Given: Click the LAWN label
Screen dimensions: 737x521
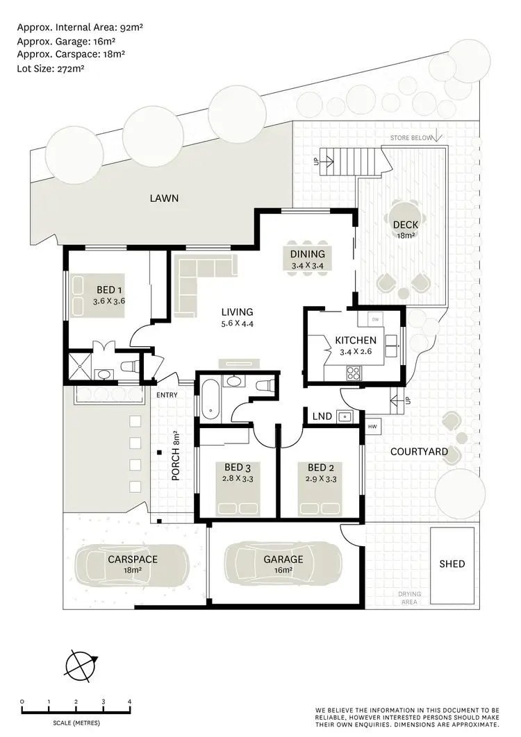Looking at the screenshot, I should [x=164, y=198].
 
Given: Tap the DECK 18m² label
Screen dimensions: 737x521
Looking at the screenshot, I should [x=404, y=230].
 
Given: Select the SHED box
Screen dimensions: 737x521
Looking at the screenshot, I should [x=452, y=564].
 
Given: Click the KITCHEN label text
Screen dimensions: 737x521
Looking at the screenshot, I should [x=356, y=340].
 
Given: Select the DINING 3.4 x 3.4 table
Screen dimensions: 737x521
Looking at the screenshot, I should [x=308, y=259].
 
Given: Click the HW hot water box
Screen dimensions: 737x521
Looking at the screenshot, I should [x=372, y=426].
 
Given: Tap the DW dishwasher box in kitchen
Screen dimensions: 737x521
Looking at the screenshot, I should [x=375, y=319].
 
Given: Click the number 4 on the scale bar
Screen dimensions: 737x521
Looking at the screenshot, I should [x=130, y=702].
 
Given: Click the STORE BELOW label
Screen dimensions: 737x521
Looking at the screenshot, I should [x=409, y=137].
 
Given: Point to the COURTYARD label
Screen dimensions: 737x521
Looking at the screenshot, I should [x=418, y=452].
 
